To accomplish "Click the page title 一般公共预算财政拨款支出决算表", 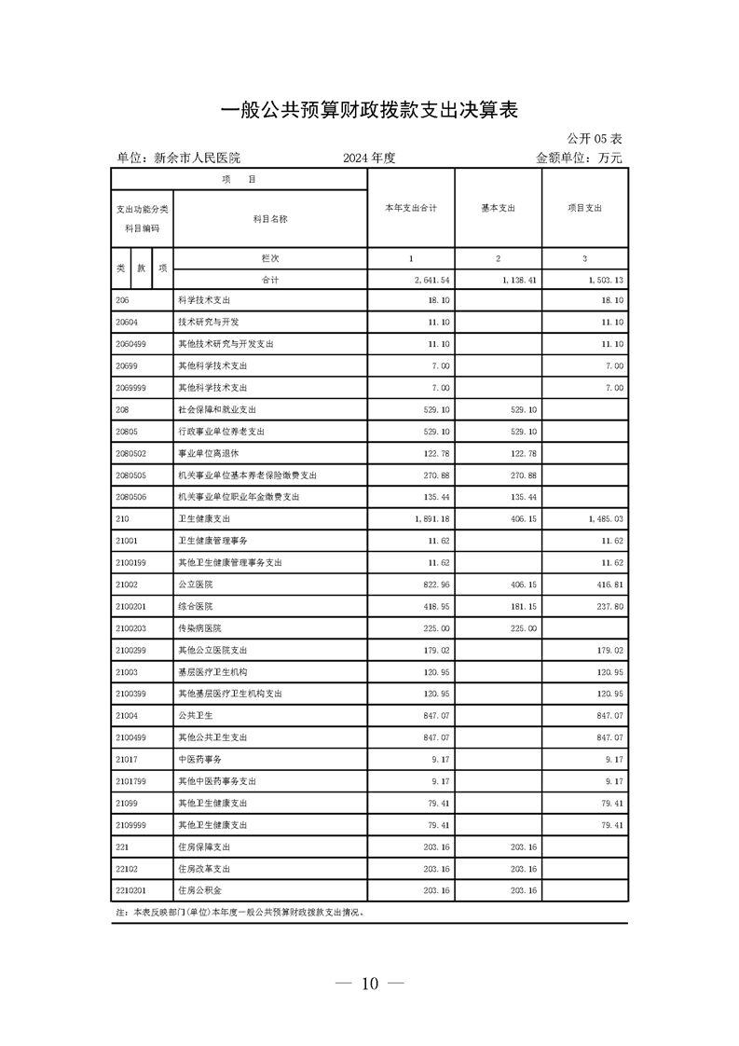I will point(369,110).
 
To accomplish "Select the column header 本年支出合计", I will point(411,208).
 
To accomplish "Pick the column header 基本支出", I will point(498,208).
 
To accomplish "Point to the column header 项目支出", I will point(584,208).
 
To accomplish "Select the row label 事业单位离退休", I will point(209,452).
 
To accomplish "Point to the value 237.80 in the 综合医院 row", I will point(609,606).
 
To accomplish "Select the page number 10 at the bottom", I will point(370,984).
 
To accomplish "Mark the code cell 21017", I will point(127,760).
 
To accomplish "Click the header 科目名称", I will point(270,219).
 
